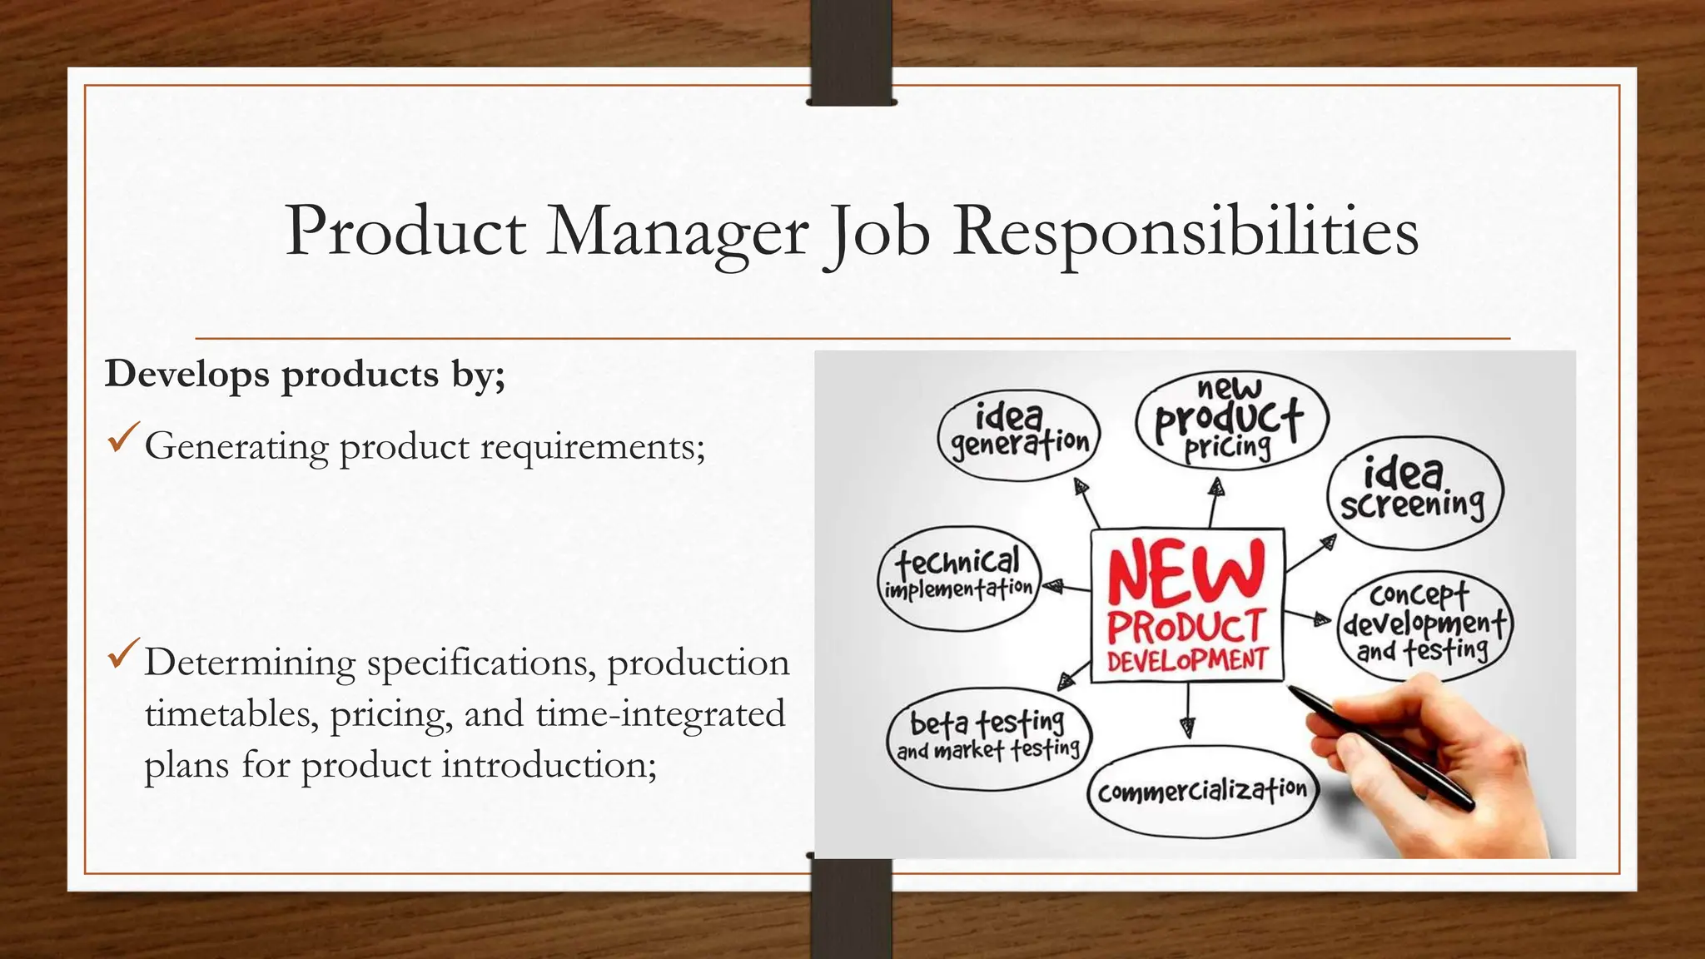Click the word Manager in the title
676,231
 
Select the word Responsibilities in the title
1186,231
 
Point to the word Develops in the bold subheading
187,375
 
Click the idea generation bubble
1019,435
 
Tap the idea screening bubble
1414,493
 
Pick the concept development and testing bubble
1424,624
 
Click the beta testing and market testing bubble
988,737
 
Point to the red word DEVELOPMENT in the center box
1187,661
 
